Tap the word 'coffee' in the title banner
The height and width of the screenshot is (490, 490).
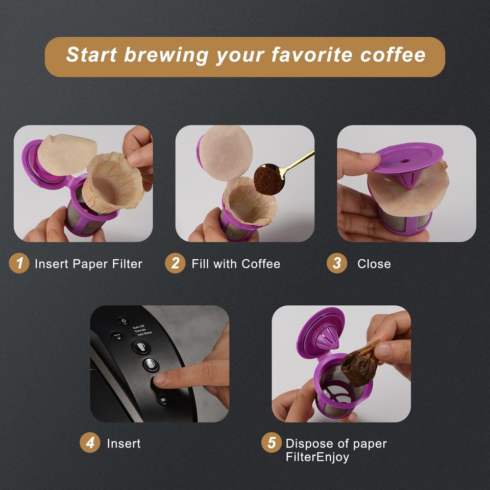pos(393,55)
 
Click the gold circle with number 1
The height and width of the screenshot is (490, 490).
pos(19,263)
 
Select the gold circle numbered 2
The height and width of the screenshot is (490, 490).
pos(175,263)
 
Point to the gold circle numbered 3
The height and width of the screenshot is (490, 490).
pos(337,263)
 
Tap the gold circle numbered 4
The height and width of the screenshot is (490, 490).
pos(90,443)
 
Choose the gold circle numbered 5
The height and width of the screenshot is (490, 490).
pos(272,443)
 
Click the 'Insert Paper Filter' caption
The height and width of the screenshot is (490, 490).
pos(88,264)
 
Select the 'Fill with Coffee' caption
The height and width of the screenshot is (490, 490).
pos(236,264)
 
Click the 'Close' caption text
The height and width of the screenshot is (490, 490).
pos(374,264)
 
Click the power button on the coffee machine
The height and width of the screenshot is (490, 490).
pos(122,321)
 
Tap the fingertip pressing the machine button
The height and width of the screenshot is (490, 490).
pos(160,380)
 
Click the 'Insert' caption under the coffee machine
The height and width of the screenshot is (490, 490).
pos(124,444)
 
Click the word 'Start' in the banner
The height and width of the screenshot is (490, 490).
pos(92,55)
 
